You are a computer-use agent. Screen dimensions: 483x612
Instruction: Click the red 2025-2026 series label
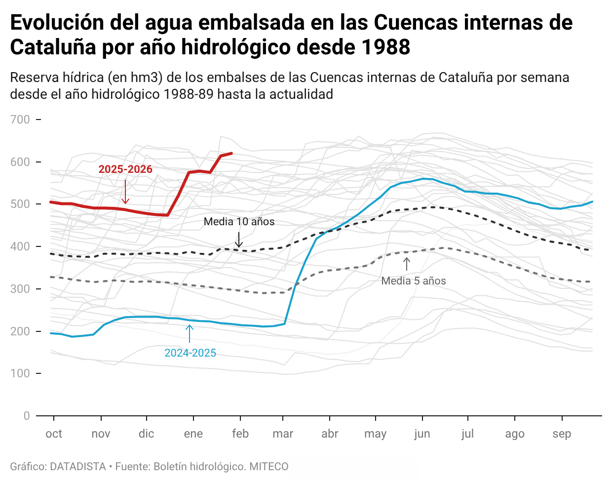coord(125,169)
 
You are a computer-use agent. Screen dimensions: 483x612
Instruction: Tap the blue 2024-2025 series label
coord(190,353)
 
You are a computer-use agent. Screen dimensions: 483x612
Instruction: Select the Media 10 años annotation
coord(239,222)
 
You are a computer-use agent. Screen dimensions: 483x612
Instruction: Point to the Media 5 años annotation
coord(414,281)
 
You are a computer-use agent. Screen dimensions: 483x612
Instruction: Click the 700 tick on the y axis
coord(20,120)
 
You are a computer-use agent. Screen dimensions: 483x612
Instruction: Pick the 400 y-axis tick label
coord(20,246)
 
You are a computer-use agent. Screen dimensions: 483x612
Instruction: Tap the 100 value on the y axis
coord(20,373)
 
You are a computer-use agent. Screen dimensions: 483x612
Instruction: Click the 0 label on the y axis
coord(26,416)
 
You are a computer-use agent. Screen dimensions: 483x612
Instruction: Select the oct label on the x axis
coord(54,434)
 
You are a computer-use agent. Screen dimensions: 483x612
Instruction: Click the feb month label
coord(240,434)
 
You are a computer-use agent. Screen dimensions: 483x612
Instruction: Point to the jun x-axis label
coord(422,434)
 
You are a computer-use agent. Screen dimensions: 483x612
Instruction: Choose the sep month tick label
coord(562,434)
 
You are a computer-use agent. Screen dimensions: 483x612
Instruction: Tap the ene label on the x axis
coord(193,434)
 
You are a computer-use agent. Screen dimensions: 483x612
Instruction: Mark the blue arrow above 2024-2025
coord(190,334)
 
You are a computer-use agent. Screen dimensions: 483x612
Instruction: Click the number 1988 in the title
coord(385,47)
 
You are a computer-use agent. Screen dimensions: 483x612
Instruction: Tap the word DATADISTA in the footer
coord(78,467)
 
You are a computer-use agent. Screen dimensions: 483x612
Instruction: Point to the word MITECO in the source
coord(268,467)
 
